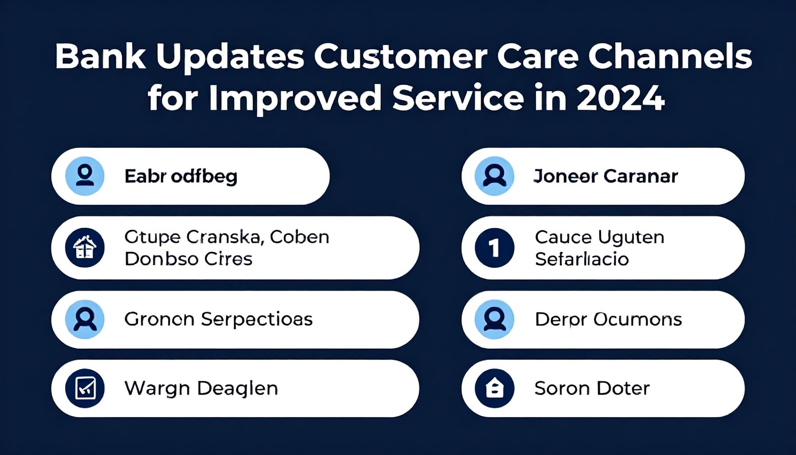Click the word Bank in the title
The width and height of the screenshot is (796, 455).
100,57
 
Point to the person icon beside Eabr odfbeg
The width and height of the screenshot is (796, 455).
85,176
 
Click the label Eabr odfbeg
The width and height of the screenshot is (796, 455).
181,176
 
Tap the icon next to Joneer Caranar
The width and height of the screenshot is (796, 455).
494,176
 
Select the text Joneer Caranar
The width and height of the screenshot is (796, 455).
605,176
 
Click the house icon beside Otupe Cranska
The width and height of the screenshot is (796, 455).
85,248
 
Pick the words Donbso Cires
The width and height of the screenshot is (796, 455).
188,259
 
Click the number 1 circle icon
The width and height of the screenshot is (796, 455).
494,248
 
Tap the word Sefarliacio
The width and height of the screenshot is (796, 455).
581,259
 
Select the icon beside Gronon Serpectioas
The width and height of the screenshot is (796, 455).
85,319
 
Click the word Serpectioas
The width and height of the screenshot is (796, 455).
257,319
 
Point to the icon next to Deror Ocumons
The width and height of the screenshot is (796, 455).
494,319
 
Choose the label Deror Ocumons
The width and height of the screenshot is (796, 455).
608,319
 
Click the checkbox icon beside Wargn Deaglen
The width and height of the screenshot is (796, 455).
85,388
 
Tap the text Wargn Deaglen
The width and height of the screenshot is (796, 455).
201,388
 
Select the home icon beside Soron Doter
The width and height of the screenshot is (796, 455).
494,388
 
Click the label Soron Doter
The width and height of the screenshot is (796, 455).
592,388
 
